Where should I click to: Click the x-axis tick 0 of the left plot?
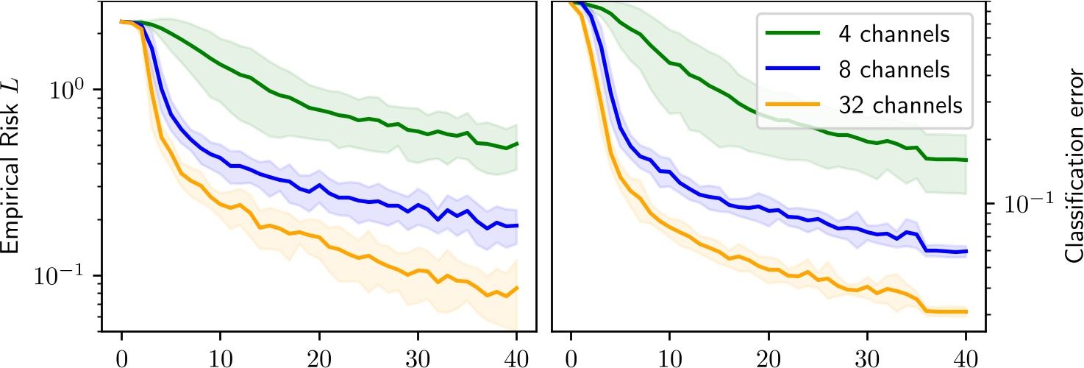coord(121,357)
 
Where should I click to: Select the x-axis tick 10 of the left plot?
coord(220,357)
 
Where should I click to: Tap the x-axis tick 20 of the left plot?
coord(318,357)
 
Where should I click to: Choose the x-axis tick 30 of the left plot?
coord(418,357)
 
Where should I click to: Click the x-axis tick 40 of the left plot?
coord(516,357)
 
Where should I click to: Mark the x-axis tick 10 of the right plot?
coord(669,357)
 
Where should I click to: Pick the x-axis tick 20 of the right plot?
coord(768,357)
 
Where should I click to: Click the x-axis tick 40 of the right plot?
coord(966,357)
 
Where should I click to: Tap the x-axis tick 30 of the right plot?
coord(867,357)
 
